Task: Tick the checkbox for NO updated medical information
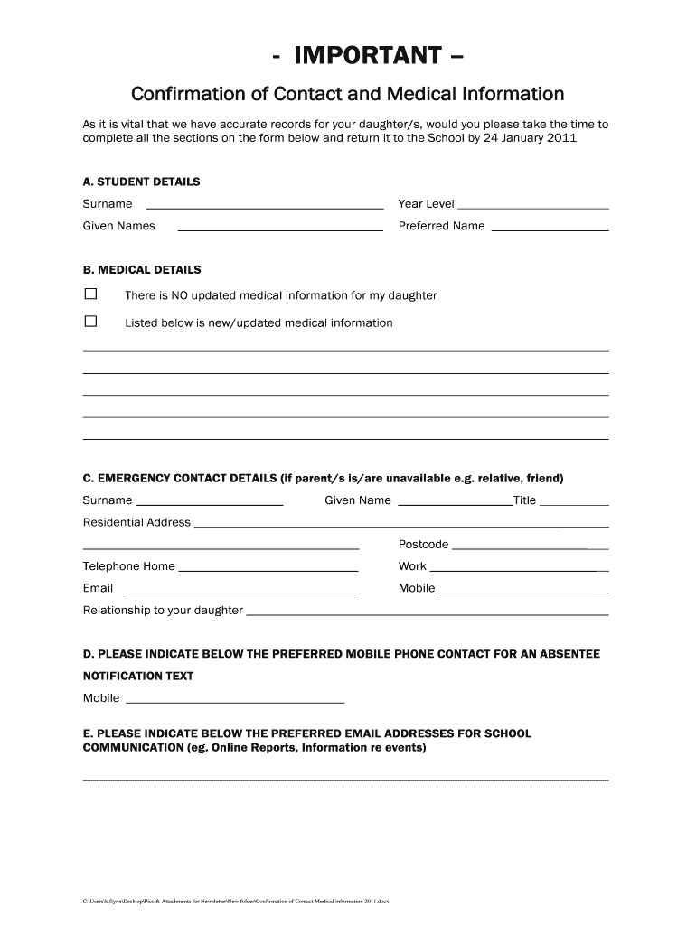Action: [x=90, y=294]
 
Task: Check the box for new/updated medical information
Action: [x=90, y=322]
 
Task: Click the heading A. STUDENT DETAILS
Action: [x=142, y=182]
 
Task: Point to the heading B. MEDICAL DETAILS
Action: [x=142, y=270]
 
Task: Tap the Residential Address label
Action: [x=136, y=522]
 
